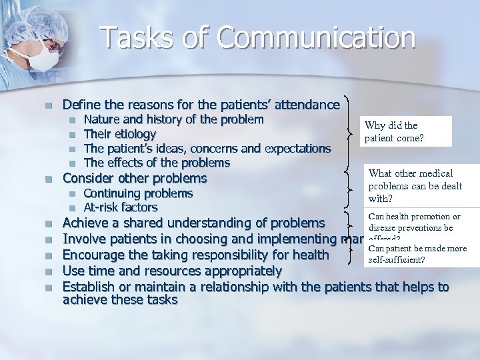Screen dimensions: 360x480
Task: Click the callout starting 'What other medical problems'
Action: [415, 185]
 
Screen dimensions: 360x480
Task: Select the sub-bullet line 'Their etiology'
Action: [119, 134]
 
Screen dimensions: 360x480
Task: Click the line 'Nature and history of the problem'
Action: [173, 120]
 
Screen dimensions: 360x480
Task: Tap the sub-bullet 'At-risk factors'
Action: [120, 207]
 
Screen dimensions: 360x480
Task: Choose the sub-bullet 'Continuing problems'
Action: [138, 193]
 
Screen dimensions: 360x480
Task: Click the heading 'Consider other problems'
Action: [134, 179]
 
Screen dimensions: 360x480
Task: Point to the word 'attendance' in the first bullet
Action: [307, 105]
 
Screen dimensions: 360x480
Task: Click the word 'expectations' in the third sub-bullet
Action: [295, 148]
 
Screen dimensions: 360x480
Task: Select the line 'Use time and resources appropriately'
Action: [172, 271]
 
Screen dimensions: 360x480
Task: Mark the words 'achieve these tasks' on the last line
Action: [120, 300]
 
